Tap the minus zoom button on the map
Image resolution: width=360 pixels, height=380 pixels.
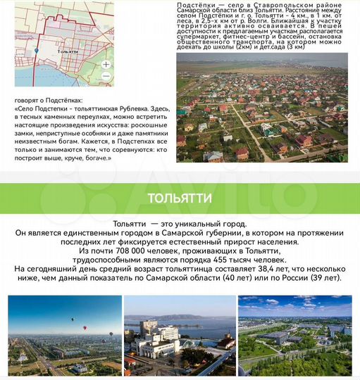pos(106,75)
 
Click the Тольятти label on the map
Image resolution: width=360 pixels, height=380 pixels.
pos(68,51)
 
